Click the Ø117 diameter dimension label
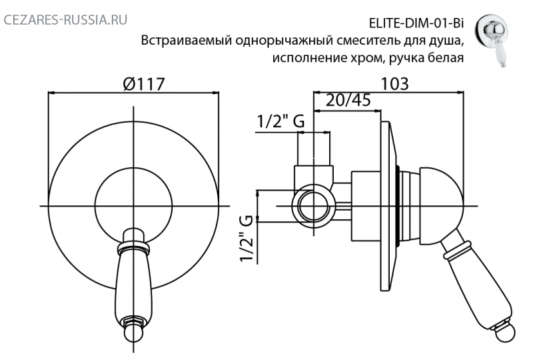[144, 84]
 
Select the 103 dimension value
[394, 84]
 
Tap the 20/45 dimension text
[348, 101]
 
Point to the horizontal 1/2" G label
[280, 121]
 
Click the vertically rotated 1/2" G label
[247, 239]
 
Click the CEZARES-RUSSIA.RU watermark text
[65, 20]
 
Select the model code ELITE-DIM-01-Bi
[416, 23]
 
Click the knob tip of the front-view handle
[133, 332]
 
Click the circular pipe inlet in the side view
[313, 206]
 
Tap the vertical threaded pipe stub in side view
[313, 149]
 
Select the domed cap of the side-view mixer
[441, 205]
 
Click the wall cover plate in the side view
[388, 206]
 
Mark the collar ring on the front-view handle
[134, 248]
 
